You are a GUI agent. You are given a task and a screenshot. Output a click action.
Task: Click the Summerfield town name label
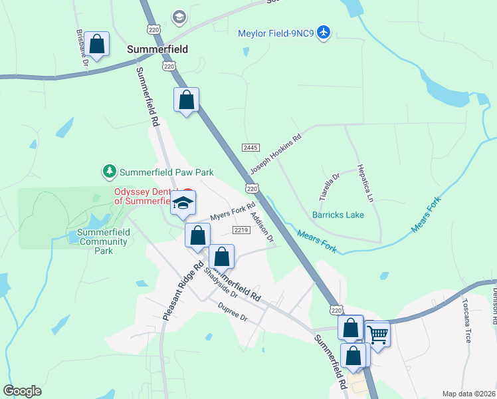pyautogui.click(x=157, y=49)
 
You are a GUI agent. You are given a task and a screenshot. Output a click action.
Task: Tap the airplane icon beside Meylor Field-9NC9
pyautogui.click(x=324, y=32)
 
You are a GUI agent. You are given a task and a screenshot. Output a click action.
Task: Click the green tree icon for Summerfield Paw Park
pyautogui.click(x=109, y=172)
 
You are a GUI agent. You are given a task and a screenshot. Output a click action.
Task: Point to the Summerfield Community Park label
pyautogui.click(x=103, y=241)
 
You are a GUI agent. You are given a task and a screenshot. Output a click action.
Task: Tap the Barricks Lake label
pyautogui.click(x=338, y=215)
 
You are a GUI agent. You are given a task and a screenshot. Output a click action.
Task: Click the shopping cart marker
pyautogui.click(x=377, y=333)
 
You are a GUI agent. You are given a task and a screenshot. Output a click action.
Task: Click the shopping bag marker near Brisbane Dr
pyautogui.click(x=97, y=45)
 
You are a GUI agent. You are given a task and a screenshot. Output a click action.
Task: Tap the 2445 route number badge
pyautogui.click(x=250, y=148)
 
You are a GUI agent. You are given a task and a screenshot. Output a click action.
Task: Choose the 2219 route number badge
pyautogui.click(x=241, y=230)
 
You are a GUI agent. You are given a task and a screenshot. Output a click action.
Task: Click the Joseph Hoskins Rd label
pyautogui.click(x=275, y=154)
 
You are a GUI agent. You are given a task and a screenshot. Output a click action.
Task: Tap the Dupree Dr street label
pyautogui.click(x=233, y=310)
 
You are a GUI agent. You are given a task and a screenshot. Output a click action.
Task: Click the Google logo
pyautogui.click(x=22, y=391)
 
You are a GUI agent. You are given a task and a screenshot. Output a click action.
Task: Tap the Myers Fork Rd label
pyautogui.click(x=233, y=212)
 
